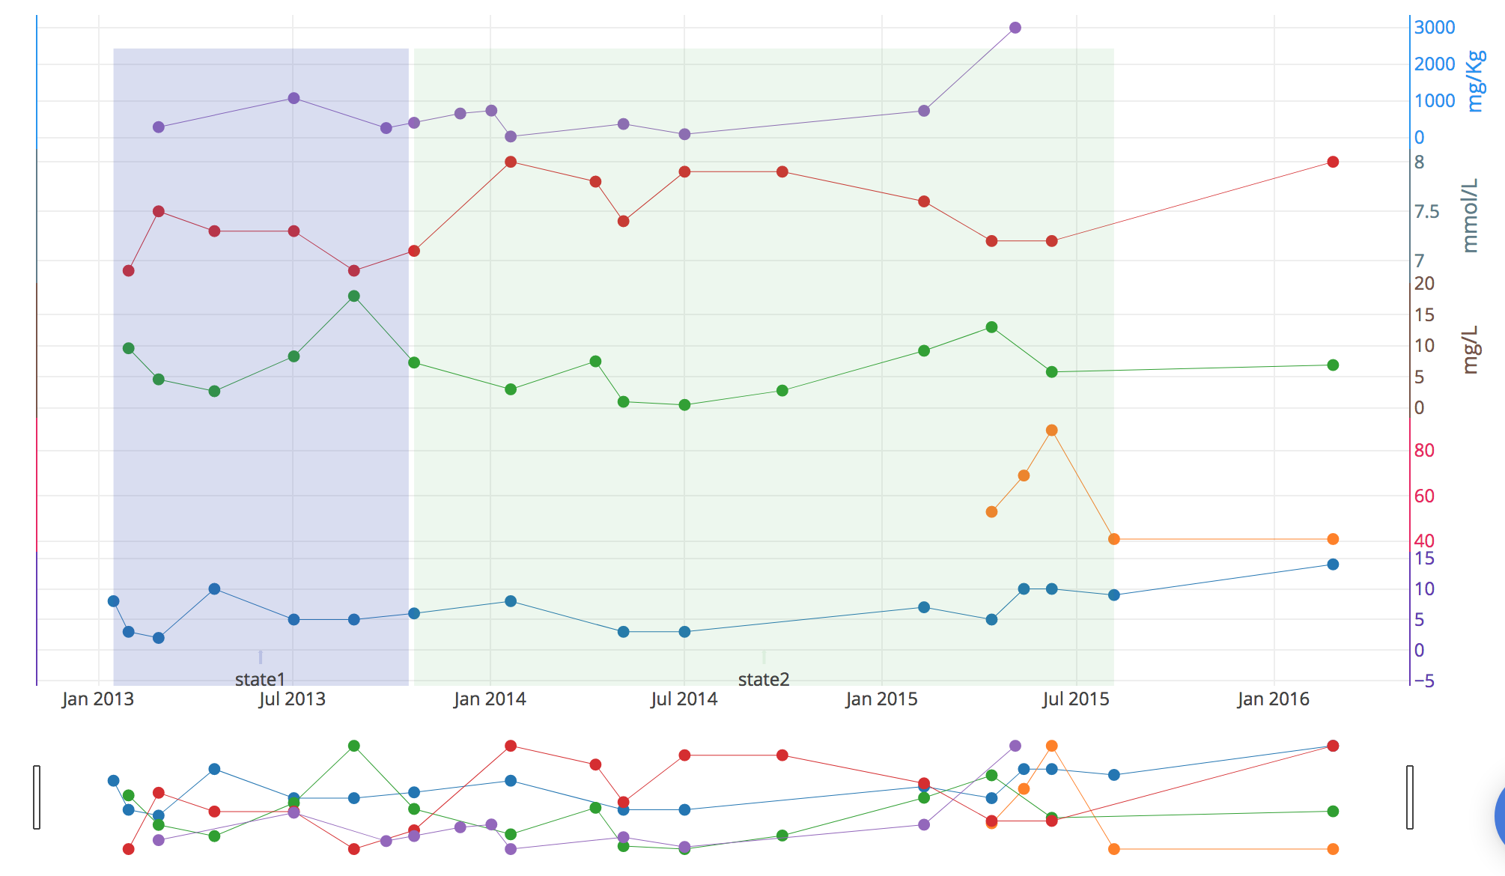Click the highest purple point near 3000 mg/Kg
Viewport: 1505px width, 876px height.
coord(1015,28)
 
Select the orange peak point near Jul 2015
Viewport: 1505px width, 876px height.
coord(1051,431)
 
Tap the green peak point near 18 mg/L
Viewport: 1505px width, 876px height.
coord(354,296)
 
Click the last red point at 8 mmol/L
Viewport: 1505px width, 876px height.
coord(1333,162)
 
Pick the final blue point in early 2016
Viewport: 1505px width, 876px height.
coord(1333,565)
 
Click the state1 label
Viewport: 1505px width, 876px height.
coord(260,679)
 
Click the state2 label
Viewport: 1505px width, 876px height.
coord(763,679)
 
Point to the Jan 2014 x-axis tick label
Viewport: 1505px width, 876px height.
coord(490,699)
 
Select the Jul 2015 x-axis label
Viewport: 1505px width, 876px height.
coord(1076,699)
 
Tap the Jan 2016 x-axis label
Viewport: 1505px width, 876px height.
coord(1273,699)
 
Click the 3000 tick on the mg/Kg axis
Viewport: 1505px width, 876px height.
coord(1434,28)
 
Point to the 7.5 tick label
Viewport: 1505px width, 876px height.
coord(1426,212)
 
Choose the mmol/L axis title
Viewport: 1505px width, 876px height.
coord(1471,216)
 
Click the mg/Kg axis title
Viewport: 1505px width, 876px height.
coord(1475,81)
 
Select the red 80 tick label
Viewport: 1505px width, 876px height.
coord(1423,451)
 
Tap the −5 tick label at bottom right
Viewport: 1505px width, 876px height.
coord(1423,681)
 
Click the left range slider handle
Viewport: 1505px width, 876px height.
coord(37,797)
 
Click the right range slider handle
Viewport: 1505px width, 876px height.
coord(1410,797)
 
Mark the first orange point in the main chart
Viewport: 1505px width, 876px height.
coord(991,512)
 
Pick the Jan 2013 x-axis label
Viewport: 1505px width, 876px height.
coord(98,699)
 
